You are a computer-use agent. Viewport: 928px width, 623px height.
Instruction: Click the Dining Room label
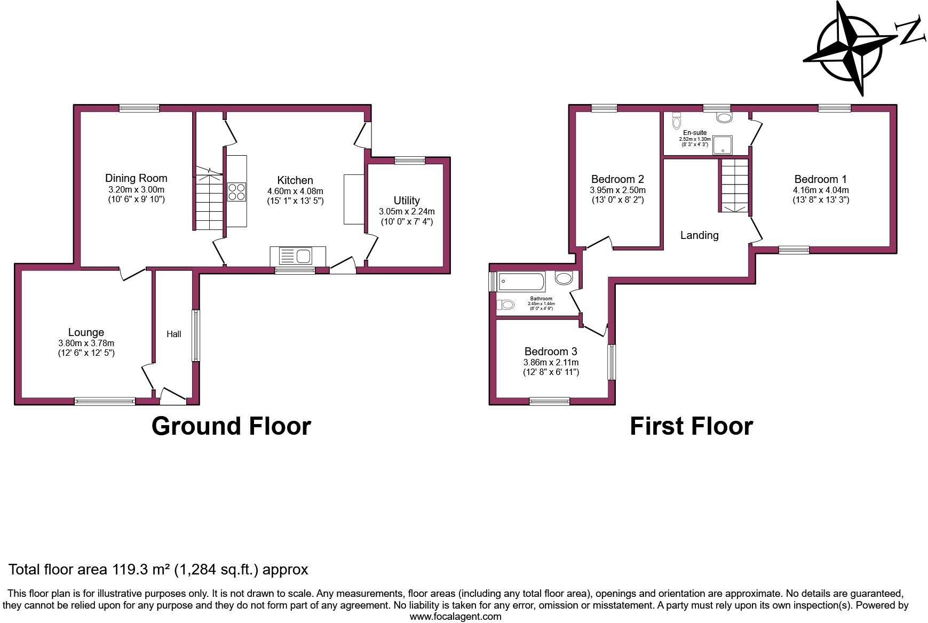coord(136,178)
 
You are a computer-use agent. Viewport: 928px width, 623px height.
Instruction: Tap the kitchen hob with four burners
coord(237,192)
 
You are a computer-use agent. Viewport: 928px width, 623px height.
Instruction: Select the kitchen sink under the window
coord(297,257)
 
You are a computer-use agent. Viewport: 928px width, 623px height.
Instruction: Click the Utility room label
coord(407,201)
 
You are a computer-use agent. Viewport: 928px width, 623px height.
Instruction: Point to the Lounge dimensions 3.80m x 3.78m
coord(86,344)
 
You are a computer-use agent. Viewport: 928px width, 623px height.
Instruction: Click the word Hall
coord(173,334)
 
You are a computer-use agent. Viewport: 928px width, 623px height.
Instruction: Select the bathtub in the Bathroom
coord(521,282)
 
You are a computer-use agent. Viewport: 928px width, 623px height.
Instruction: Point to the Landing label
coord(699,235)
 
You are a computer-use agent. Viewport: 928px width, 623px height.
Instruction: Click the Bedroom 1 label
coord(820,179)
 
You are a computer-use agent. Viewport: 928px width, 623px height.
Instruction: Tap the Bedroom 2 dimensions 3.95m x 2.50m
coord(617,190)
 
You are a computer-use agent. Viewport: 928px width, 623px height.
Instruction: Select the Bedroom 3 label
coord(551,352)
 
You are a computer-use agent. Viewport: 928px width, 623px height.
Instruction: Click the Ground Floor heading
coord(231,426)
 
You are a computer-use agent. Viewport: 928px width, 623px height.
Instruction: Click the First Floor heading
coord(691,426)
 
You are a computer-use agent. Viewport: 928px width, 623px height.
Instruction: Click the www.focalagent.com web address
coord(455,617)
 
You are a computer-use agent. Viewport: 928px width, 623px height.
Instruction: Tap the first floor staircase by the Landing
coord(735,186)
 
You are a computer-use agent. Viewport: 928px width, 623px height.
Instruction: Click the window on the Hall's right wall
coord(196,336)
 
